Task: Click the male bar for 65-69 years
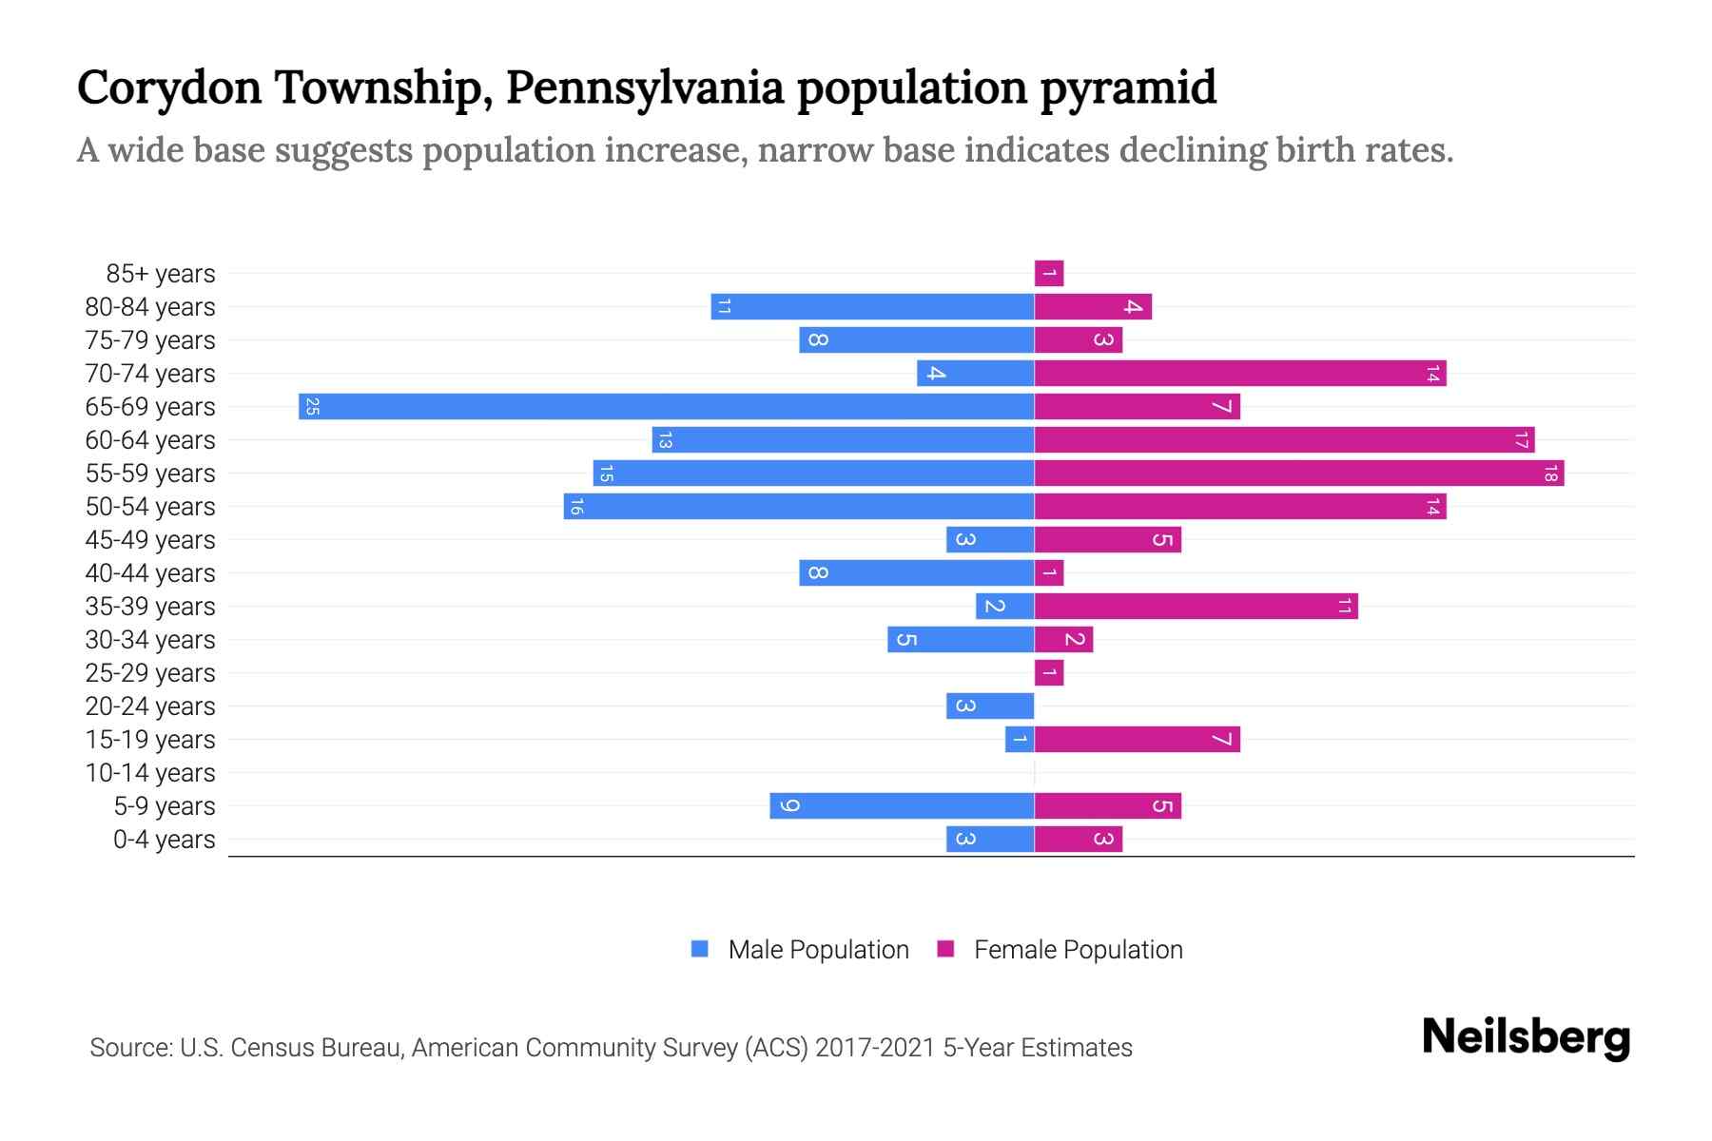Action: (666, 407)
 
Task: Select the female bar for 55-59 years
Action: (1298, 474)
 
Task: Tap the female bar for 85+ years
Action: (1049, 274)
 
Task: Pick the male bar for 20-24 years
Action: (990, 706)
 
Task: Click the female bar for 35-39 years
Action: (1196, 607)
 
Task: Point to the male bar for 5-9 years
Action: (902, 806)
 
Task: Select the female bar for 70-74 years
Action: (1239, 374)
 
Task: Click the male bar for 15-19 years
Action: (1020, 740)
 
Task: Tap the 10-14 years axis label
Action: (150, 773)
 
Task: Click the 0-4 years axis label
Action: (164, 840)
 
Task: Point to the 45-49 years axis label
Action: (150, 540)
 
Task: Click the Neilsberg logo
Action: (1526, 1037)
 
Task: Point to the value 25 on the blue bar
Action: (312, 407)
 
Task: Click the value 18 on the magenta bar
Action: (1550, 474)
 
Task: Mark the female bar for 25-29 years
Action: (1049, 673)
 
